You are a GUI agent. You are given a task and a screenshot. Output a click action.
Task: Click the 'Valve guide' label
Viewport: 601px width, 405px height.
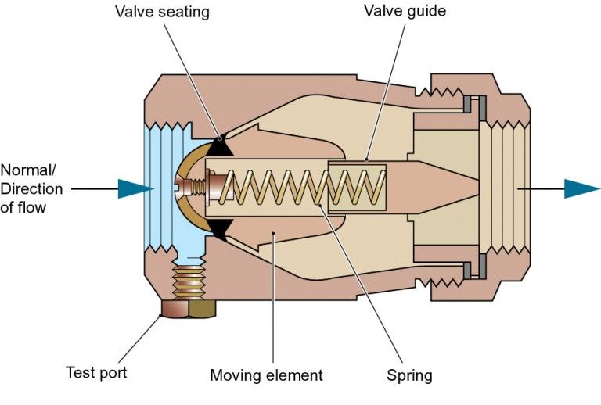tap(401, 13)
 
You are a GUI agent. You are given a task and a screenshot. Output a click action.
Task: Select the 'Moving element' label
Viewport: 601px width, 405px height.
tap(266, 375)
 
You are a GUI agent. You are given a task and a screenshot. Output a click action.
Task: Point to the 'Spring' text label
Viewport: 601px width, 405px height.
tap(408, 375)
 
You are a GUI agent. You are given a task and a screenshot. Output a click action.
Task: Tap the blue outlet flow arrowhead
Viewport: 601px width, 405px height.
tap(581, 188)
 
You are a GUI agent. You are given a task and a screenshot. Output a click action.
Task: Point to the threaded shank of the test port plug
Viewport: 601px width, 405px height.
tap(189, 279)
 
